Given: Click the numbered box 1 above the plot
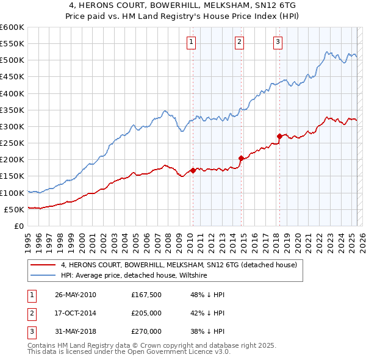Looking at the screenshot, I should click(192, 41).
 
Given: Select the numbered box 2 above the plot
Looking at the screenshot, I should click(239, 41).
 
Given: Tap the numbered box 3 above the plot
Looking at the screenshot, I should click(278, 41).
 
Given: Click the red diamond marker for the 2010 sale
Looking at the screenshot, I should click(193, 170).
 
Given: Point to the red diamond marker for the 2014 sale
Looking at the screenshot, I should click(241, 158).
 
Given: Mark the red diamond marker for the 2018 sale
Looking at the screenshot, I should click(279, 136).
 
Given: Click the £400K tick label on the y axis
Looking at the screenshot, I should click(12, 93).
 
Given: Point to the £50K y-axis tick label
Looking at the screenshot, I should click(14, 209).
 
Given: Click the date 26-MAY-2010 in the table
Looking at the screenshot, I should click(75, 295).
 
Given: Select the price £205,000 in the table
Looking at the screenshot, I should click(146, 313).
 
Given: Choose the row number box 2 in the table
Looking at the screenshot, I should click(31, 313).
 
